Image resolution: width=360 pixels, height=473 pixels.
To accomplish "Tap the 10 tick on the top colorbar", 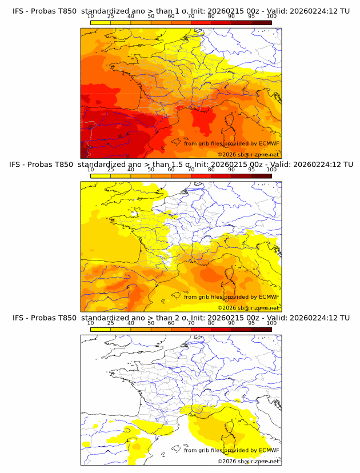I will click(x=90, y=16).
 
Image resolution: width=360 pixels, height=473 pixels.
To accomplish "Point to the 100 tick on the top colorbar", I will click(x=271, y=16).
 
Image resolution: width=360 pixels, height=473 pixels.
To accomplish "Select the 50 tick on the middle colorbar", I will click(x=151, y=170).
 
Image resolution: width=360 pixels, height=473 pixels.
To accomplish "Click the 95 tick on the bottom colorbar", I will click(x=251, y=323).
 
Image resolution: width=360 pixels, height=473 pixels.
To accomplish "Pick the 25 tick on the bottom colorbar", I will click(x=111, y=323).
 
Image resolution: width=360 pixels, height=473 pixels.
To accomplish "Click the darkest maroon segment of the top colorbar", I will click(x=261, y=22).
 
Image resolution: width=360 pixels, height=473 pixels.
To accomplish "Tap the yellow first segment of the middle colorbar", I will click(x=101, y=176).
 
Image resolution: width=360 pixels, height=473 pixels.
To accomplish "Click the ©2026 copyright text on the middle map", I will click(x=227, y=307).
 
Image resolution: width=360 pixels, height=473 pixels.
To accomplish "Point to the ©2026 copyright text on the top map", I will click(x=227, y=154).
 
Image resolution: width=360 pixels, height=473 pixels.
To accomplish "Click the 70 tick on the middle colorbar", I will click(x=191, y=170).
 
